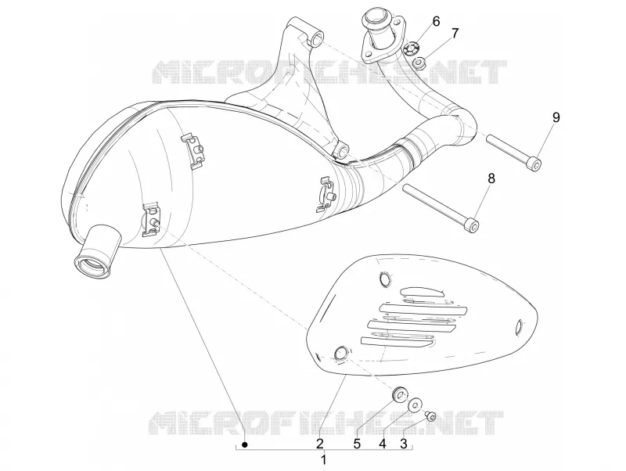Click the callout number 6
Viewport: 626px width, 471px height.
pos(436,21)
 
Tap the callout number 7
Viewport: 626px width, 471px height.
pos(455,34)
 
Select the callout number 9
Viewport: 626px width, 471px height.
pos(556,117)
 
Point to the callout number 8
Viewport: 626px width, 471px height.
pos(491,178)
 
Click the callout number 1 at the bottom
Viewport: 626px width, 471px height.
pos(324,459)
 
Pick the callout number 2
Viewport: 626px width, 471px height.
pos(319,444)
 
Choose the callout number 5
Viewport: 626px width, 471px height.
pos(357,444)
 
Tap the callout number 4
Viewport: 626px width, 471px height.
pos(383,444)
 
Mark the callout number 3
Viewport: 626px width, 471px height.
pos(404,444)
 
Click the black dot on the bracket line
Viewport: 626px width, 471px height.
pos(246,444)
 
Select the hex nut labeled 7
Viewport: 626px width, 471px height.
pos(419,63)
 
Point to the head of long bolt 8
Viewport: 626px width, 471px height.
pos(473,225)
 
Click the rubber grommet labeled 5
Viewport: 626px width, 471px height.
pos(399,393)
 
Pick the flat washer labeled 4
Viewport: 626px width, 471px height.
pos(415,404)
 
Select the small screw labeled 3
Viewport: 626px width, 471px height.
pos(430,416)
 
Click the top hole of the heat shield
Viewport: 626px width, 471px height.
pos(385,279)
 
